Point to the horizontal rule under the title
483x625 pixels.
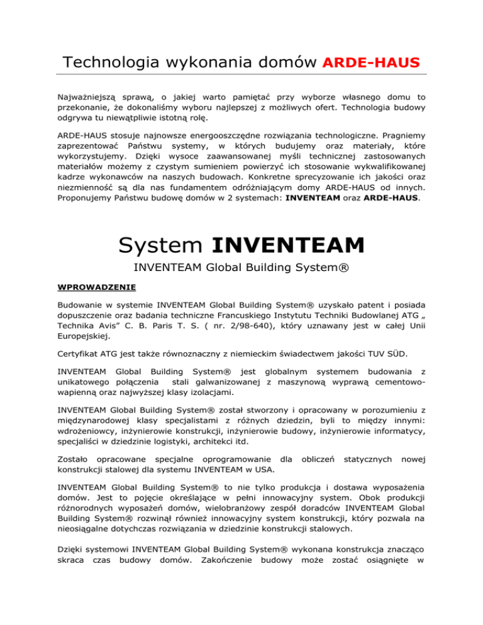coord(241,75)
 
